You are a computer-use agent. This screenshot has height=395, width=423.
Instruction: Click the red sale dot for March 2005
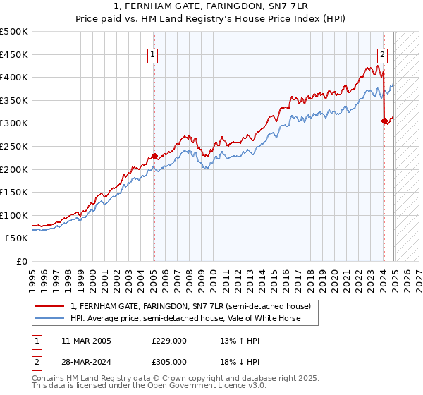[x=154, y=157]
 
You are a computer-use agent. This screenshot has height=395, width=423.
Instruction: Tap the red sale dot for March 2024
[x=384, y=121]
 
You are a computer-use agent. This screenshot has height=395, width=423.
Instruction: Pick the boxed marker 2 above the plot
[x=382, y=55]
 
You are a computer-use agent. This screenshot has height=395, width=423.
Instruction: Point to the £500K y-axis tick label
[x=15, y=32]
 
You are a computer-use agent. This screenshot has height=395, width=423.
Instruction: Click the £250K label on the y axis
[x=15, y=146]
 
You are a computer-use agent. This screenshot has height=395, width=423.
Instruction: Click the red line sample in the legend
[x=49, y=306]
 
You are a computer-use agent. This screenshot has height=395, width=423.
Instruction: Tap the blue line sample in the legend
[x=49, y=318]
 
